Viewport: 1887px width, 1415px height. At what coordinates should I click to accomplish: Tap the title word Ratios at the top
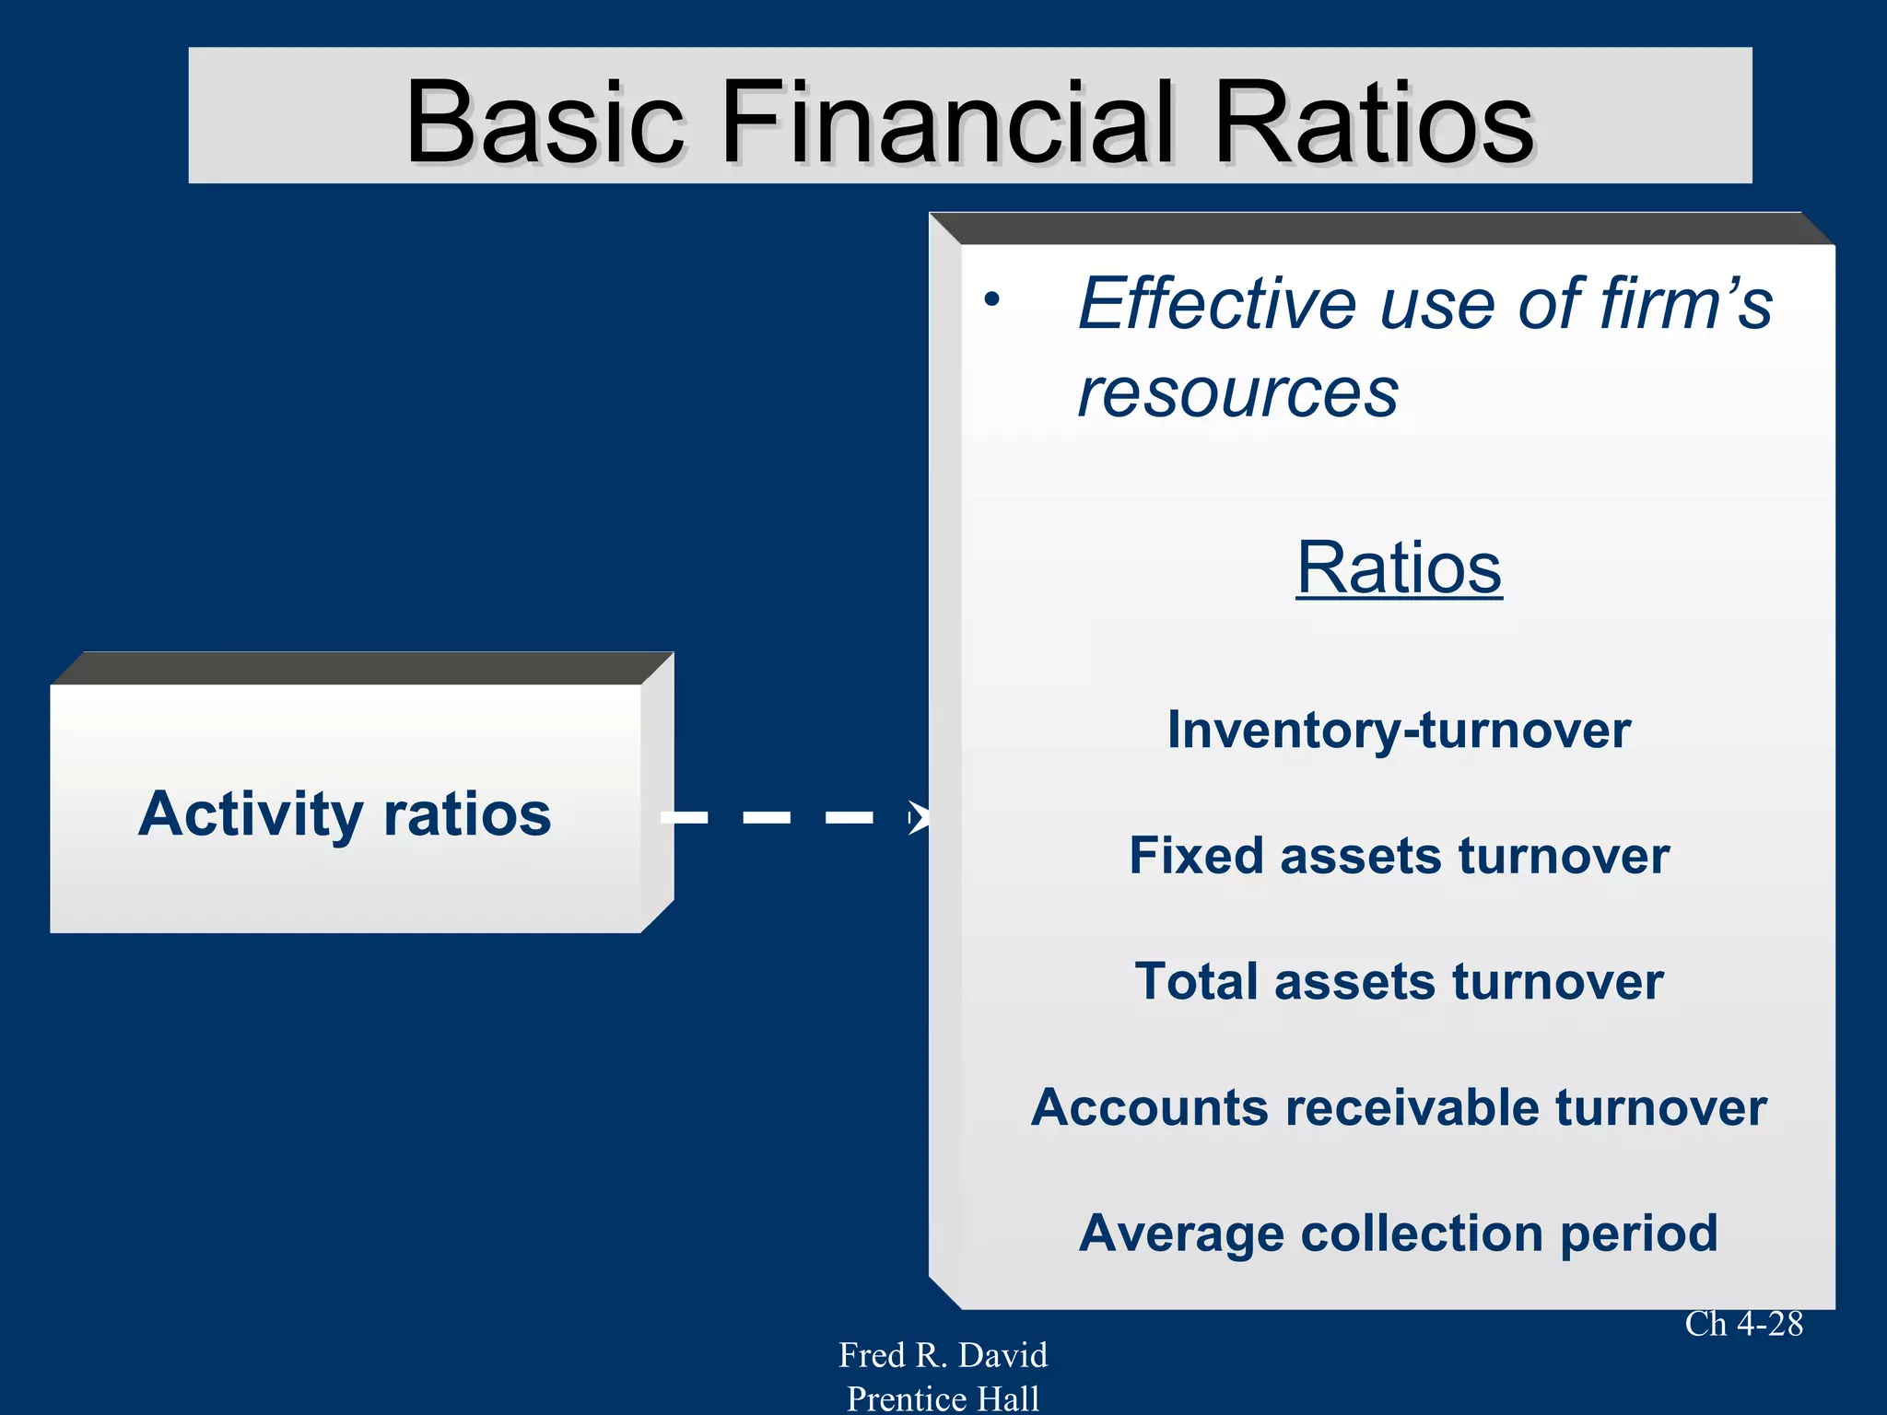1374,123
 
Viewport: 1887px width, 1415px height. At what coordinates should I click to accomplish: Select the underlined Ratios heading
1399,568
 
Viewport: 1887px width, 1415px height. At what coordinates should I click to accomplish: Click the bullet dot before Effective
991,299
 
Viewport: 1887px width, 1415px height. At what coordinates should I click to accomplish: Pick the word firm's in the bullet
1685,304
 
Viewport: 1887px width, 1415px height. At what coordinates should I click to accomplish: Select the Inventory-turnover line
1399,731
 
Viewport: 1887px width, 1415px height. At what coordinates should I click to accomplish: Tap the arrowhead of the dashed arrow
918,817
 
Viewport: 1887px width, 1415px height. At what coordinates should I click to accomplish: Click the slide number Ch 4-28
1743,1324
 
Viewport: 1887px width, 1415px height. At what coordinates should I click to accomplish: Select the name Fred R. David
943,1355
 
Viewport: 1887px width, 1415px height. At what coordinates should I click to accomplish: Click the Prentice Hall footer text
943,1398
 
